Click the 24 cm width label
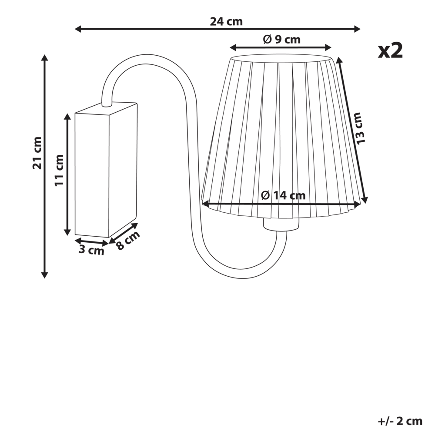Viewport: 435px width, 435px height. [226, 21]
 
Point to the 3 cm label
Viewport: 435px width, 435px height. [91, 250]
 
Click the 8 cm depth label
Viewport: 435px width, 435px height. [128, 240]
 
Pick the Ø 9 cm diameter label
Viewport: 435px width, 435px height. [281, 40]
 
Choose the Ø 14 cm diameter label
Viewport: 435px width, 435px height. [283, 196]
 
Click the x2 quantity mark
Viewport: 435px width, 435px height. [390, 51]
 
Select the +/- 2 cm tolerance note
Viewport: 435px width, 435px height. [400, 421]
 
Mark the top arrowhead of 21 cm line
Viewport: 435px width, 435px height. [44, 58]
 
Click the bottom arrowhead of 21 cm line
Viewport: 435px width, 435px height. [44, 274]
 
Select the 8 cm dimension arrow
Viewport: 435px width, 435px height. [123, 233]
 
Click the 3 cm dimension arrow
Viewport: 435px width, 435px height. [91, 241]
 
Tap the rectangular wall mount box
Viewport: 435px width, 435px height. [106, 170]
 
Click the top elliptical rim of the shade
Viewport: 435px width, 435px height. [282, 58]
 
